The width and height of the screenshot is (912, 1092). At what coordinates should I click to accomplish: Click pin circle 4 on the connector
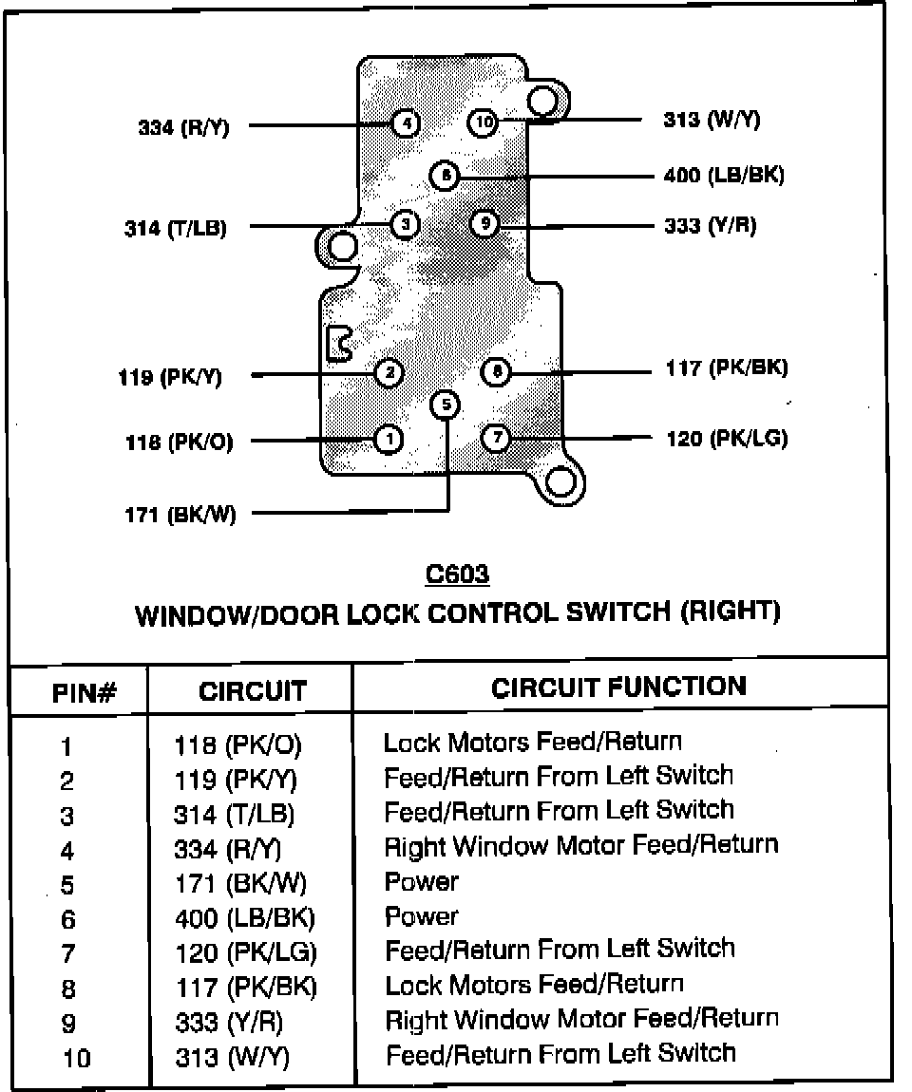406,124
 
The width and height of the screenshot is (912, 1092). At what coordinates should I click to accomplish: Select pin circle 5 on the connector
446,405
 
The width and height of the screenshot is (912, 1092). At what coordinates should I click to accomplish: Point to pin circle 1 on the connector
389,440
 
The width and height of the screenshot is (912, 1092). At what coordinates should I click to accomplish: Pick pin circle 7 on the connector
497,438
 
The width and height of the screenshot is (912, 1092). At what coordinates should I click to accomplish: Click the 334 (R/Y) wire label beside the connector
183,127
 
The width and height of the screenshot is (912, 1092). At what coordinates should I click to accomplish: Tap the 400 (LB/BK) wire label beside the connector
724,174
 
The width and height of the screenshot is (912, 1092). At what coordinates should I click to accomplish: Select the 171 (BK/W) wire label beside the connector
180,515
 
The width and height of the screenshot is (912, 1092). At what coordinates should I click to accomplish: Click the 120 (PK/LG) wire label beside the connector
728,438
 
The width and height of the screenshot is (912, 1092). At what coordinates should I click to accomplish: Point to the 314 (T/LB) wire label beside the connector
176,228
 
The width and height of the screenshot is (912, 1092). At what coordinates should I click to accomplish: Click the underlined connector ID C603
457,574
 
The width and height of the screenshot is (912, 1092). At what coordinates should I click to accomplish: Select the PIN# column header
85,693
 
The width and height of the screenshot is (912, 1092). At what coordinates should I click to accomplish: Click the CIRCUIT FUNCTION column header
618,687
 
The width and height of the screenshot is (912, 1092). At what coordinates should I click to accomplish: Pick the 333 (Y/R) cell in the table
229,1023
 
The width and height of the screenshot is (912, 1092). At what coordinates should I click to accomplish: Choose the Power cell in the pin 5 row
422,882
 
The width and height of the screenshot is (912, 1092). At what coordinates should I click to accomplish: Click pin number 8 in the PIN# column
68,988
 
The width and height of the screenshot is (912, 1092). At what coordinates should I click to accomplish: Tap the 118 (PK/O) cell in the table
237,745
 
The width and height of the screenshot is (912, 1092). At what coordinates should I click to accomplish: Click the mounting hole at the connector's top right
542,102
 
